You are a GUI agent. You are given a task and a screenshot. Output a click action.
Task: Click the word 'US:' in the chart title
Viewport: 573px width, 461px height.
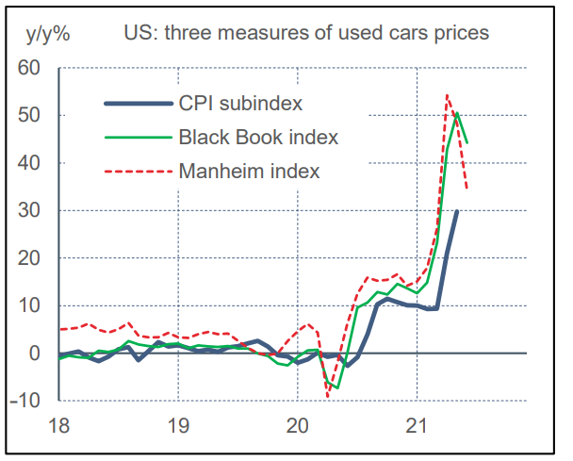[x=140, y=33]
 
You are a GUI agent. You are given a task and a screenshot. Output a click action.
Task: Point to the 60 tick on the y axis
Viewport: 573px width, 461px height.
[x=30, y=68]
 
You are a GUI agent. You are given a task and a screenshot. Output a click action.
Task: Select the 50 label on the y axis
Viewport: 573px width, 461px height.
[x=30, y=115]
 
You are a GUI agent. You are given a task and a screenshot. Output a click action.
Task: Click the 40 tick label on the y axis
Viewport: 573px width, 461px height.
[x=30, y=163]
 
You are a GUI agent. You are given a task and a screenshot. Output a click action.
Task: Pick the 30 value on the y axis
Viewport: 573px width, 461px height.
[x=30, y=210]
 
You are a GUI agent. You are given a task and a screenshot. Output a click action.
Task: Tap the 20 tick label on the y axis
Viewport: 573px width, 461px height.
[x=30, y=258]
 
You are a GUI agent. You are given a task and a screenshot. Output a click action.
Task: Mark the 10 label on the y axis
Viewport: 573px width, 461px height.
[x=30, y=305]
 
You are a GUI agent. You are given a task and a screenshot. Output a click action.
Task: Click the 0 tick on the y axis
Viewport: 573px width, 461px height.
[x=36, y=354]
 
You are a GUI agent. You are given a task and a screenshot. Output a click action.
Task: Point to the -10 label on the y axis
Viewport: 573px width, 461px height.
[x=27, y=401]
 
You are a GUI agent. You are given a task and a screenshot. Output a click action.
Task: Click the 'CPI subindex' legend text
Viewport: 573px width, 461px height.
[x=239, y=103]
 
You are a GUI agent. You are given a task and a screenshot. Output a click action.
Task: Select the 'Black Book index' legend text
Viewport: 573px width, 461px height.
[x=257, y=138]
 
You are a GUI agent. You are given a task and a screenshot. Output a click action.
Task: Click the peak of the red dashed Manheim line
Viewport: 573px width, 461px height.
[x=446, y=94]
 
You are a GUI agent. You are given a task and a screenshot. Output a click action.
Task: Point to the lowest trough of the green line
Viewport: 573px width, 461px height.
[x=337, y=387]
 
